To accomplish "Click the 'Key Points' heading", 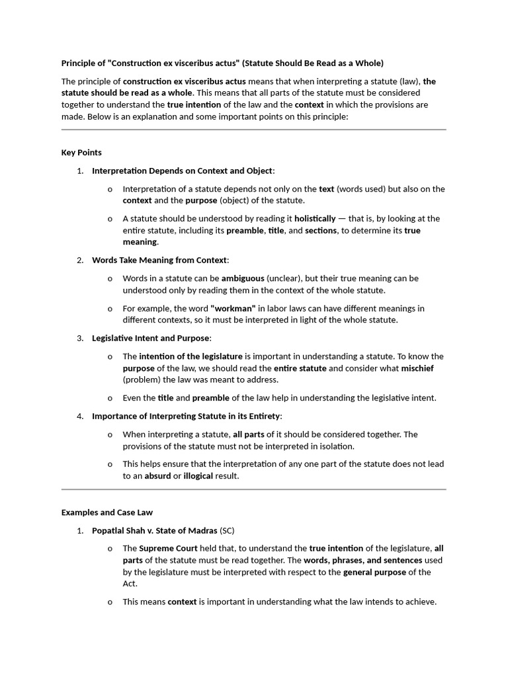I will click(81, 153).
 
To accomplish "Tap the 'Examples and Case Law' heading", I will click(107, 512).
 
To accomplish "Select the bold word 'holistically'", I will click(315, 219).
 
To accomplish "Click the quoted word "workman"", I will click(233, 309).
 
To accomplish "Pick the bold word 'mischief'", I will click(417, 368).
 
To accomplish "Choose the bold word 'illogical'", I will click(198, 476).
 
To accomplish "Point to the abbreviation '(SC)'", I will click(227, 531).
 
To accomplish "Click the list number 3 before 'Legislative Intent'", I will click(79, 338).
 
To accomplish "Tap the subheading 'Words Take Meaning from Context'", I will click(159, 260).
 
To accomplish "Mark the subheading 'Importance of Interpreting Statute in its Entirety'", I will click(187, 417).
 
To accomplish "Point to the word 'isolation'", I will click(335, 446).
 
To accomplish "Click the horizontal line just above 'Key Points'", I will click(254, 130).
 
